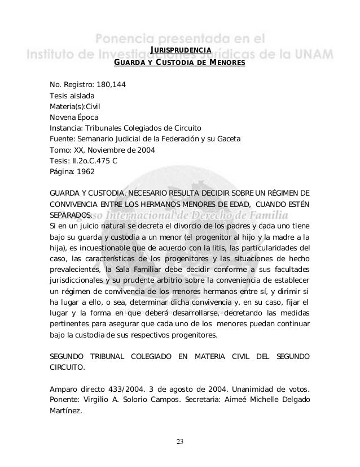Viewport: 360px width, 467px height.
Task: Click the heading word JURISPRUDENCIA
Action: click(181, 51)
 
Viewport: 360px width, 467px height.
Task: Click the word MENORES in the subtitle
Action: click(225, 63)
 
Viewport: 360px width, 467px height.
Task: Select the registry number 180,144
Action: click(110, 85)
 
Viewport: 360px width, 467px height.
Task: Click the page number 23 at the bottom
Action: click(179, 440)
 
